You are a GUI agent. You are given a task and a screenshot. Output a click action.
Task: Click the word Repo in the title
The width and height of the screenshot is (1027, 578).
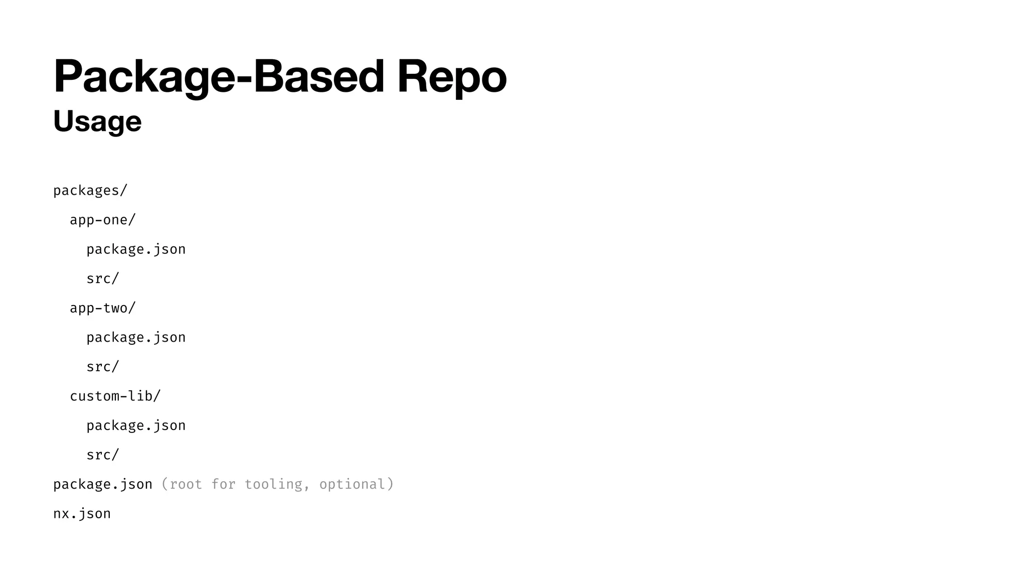tap(451, 77)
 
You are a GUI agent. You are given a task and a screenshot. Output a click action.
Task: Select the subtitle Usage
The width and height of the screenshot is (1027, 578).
tap(97, 121)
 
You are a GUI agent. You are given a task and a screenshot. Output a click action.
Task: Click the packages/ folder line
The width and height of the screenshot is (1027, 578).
tap(90, 191)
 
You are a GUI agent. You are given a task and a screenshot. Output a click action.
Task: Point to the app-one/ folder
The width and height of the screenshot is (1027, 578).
tap(103, 220)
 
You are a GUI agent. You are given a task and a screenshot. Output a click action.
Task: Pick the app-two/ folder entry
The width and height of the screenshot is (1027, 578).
tap(103, 308)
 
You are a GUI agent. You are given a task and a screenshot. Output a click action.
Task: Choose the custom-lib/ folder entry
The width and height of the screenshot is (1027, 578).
tap(115, 396)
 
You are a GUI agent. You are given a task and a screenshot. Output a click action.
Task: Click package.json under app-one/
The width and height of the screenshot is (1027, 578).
tap(136, 249)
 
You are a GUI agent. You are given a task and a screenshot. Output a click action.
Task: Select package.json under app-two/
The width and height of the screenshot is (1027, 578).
tap(136, 338)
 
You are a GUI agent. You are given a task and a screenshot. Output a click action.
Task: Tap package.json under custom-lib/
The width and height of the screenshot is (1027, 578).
tap(136, 425)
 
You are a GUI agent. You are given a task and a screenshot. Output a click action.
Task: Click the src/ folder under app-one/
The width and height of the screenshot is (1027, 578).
tap(103, 279)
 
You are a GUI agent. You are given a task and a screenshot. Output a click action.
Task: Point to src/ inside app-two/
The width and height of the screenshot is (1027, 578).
tap(103, 367)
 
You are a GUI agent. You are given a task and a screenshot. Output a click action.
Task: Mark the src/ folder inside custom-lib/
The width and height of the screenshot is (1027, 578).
tap(103, 455)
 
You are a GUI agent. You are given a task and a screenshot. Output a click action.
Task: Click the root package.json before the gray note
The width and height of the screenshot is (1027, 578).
tap(103, 484)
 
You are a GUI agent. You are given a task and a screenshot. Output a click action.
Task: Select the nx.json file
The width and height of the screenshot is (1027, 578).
tap(82, 514)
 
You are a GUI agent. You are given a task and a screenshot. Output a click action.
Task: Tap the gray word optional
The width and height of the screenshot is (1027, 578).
tap(352, 484)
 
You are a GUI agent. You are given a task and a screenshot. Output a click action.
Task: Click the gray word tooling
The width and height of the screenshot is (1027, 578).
tap(273, 484)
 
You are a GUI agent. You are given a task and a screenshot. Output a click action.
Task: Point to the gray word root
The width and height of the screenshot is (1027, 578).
tap(186, 484)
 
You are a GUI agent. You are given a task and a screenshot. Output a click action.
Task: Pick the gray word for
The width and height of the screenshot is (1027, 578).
tap(223, 484)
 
